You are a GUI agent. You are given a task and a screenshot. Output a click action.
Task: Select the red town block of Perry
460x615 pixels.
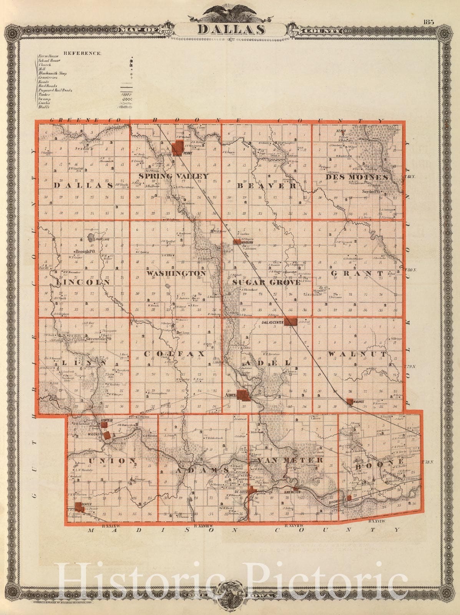coord(178,148)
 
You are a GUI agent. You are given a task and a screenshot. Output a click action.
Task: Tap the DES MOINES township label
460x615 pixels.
coord(357,177)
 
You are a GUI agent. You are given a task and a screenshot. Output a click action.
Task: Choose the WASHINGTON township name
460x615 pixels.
coord(176,273)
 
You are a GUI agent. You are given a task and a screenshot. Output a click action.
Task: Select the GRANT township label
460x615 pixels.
coord(357,273)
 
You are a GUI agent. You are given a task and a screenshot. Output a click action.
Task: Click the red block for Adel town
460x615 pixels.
coord(243,396)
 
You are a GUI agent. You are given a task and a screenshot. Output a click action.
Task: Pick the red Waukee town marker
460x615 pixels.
coord(350,401)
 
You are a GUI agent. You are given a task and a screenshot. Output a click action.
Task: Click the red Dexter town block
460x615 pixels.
coord(79,507)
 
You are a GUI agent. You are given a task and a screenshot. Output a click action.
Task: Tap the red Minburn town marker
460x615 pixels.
coord(236,242)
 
